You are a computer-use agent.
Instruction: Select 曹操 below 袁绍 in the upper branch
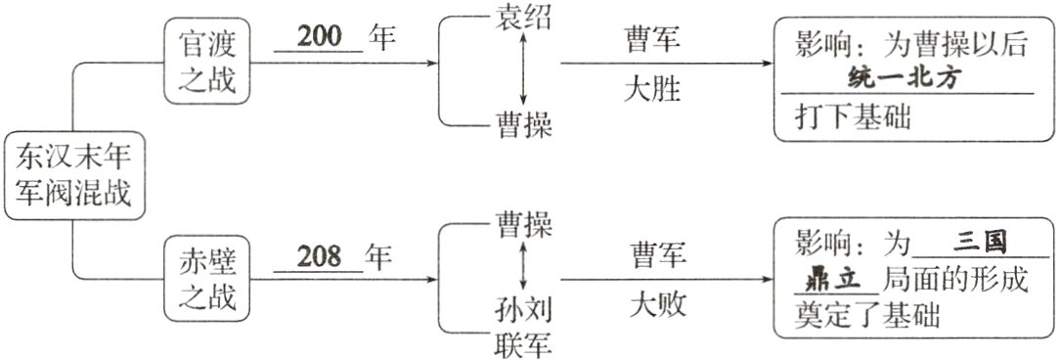pyautogui.click(x=524, y=125)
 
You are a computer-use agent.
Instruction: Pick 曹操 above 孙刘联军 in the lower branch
pyautogui.click(x=524, y=226)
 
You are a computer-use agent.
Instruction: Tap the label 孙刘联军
pyautogui.click(x=524, y=328)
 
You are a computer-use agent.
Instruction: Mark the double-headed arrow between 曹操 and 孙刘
pyautogui.click(x=524, y=266)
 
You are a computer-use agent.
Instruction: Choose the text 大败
pyautogui.click(x=655, y=305)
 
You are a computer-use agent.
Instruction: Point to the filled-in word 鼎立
pyautogui.click(x=832, y=278)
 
